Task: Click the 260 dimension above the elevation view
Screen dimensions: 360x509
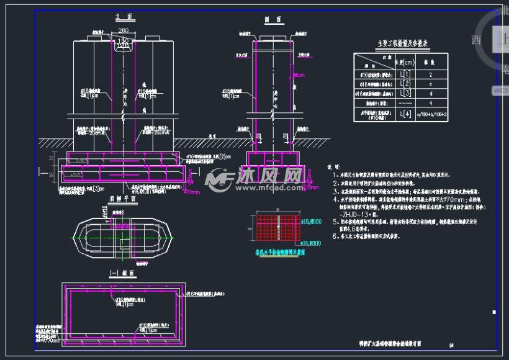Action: point(123,31)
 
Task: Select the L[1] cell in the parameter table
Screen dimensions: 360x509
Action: point(405,74)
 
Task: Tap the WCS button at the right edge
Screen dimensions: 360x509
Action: point(500,90)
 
